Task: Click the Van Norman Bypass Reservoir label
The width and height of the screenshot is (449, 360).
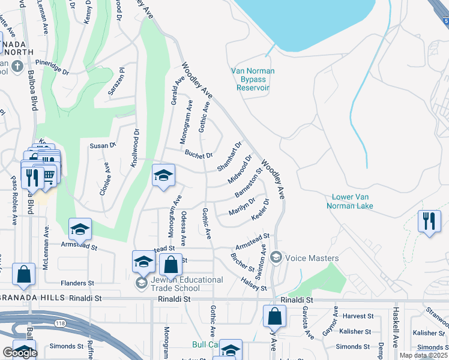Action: [253, 79]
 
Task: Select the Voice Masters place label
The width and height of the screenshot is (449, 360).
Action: [312, 258]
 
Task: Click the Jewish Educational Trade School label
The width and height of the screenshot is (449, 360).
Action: [180, 283]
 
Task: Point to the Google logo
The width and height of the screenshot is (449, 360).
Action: [20, 352]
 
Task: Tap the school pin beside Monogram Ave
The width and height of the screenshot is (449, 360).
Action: [163, 175]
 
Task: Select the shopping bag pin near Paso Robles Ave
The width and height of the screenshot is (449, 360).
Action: [23, 274]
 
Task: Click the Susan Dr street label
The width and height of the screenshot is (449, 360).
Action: [102, 146]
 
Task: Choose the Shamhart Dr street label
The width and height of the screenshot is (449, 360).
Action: [230, 155]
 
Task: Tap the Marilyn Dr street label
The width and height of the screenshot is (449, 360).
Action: [242, 206]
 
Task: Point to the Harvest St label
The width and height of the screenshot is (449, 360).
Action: [357, 316]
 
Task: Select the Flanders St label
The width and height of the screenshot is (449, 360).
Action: [77, 283]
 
